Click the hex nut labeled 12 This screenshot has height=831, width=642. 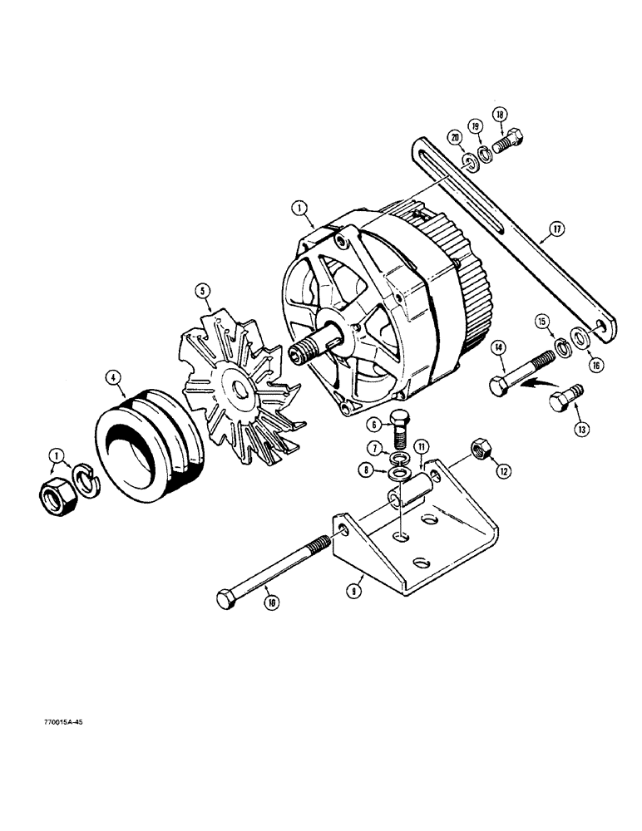pos(479,450)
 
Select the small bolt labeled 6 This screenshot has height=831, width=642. pos(400,426)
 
